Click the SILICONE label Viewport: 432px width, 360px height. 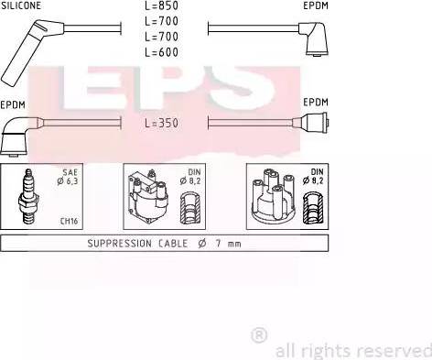[21, 5]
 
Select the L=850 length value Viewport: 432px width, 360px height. [162, 5]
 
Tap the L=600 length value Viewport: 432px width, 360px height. [162, 52]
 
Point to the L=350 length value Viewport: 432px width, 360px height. [162, 123]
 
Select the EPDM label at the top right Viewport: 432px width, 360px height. [316, 5]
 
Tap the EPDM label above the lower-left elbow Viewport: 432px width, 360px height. [13, 105]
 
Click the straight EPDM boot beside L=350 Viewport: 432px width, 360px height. [310, 123]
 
